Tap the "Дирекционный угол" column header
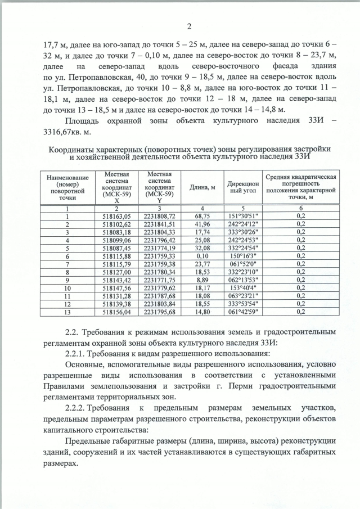click(243, 187)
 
